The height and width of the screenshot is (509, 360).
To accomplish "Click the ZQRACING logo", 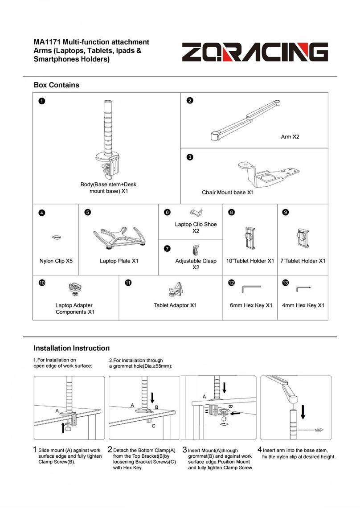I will click(x=255, y=52).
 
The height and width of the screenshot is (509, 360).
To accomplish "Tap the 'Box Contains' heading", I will click(x=57, y=85).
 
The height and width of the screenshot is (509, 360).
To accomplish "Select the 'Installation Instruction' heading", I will click(x=72, y=348).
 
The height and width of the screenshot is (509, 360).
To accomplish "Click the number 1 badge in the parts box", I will click(x=41, y=101).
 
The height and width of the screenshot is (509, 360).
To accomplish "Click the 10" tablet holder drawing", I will click(x=250, y=238).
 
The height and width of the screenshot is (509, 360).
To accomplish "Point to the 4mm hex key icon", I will click(x=303, y=288).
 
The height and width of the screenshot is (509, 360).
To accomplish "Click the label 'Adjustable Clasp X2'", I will click(x=196, y=264).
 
